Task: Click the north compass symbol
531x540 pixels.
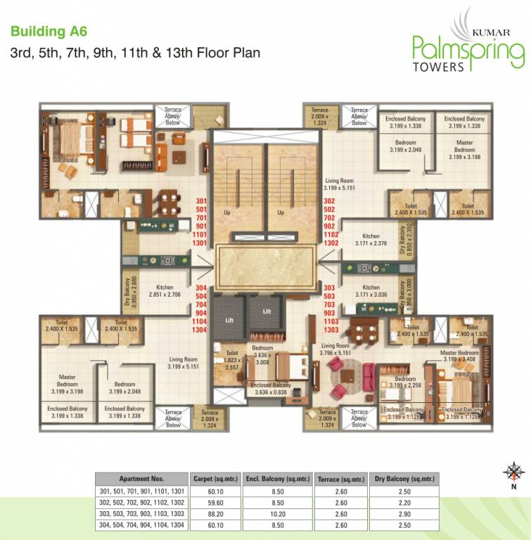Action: (515, 471)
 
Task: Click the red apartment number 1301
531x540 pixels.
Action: (201, 243)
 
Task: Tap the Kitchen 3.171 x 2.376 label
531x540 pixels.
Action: (371, 240)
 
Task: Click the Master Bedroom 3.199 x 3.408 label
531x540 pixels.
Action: (459, 356)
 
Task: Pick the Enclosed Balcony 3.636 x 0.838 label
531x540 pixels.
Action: (271, 389)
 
